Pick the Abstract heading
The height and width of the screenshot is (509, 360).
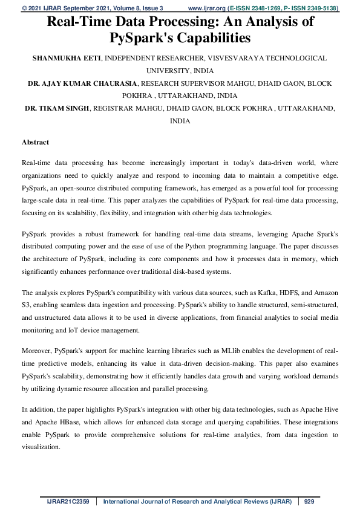[x=35, y=142]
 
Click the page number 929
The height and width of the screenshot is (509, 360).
[x=309, y=501]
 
